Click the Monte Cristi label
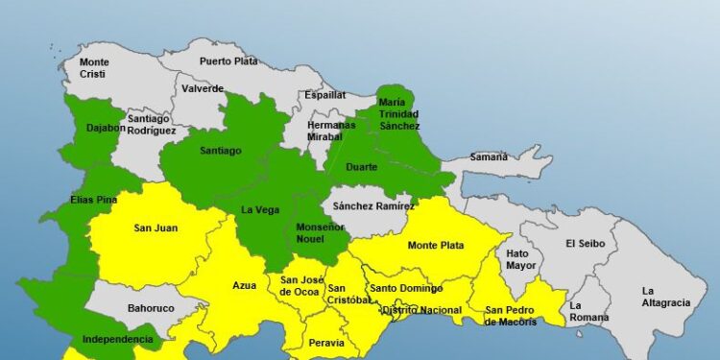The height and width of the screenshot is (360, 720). pos(94,68)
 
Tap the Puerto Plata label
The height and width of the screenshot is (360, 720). pos(229,61)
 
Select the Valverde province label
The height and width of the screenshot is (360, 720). pos(203,89)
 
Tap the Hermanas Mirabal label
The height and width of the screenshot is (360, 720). pos(324,131)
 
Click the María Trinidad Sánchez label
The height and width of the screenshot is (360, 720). pos(398,114)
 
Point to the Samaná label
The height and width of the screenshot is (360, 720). pos(490,157)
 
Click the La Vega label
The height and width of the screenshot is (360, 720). pos(259,210)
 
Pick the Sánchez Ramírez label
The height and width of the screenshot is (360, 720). pos(373,205)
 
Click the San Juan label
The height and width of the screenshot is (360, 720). pos(155,228)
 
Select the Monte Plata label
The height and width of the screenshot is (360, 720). pos(436,246)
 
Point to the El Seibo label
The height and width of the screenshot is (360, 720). pos(585,243)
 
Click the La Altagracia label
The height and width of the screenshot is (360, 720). pos(666,297)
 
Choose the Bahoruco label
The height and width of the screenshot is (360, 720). pos(150,310)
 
